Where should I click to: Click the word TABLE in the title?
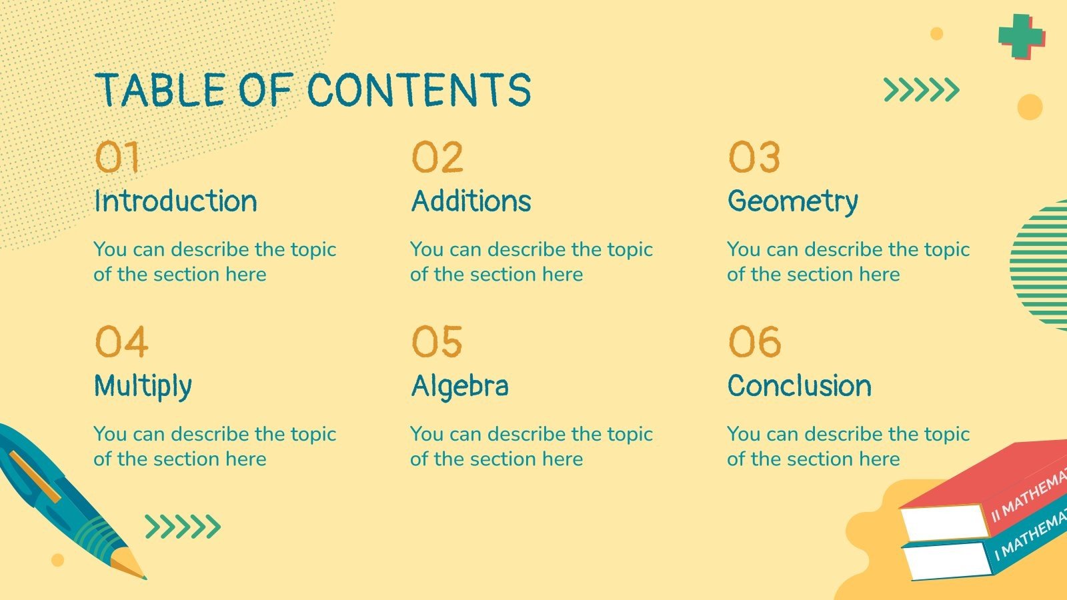coord(161,91)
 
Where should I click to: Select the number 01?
coord(117,158)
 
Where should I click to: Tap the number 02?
coord(437,158)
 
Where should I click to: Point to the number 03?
coord(754,158)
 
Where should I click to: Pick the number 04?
coord(121,342)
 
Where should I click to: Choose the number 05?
coord(437,342)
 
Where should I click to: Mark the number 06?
coord(754,342)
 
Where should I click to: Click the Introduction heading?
coord(175,201)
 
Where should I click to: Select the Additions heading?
coord(471,201)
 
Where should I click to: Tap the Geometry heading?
coord(792,201)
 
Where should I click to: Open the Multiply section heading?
coord(143,386)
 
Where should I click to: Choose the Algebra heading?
coord(459,386)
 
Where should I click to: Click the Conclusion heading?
coord(799,386)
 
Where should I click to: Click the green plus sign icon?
coord(1020,35)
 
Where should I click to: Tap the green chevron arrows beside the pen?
coord(183,527)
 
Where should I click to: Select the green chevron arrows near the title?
coord(921,89)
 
